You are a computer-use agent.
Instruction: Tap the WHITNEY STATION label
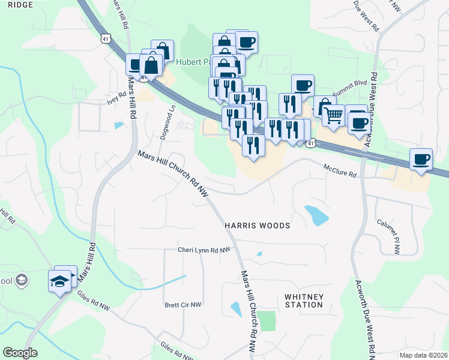[304, 301]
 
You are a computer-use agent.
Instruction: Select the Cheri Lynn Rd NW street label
[203, 250]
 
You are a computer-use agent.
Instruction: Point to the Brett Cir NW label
[183, 305]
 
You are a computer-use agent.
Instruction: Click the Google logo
[20, 353]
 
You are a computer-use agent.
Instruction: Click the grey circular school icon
[22, 280]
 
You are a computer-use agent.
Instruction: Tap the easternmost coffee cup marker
[421, 159]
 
